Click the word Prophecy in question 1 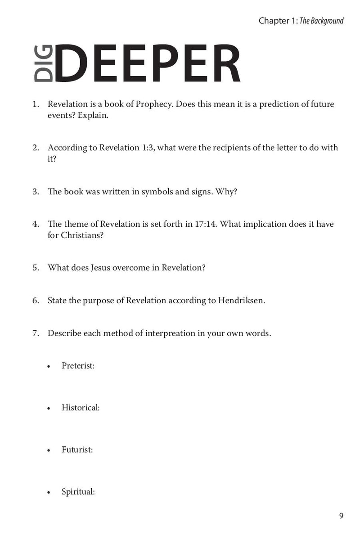coord(151,104)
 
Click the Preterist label coord(78,366)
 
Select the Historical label coord(80,408)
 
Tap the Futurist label coord(77,450)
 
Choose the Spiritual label coord(78,491)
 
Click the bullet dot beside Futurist coord(49,450)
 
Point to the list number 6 coord(35,300)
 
